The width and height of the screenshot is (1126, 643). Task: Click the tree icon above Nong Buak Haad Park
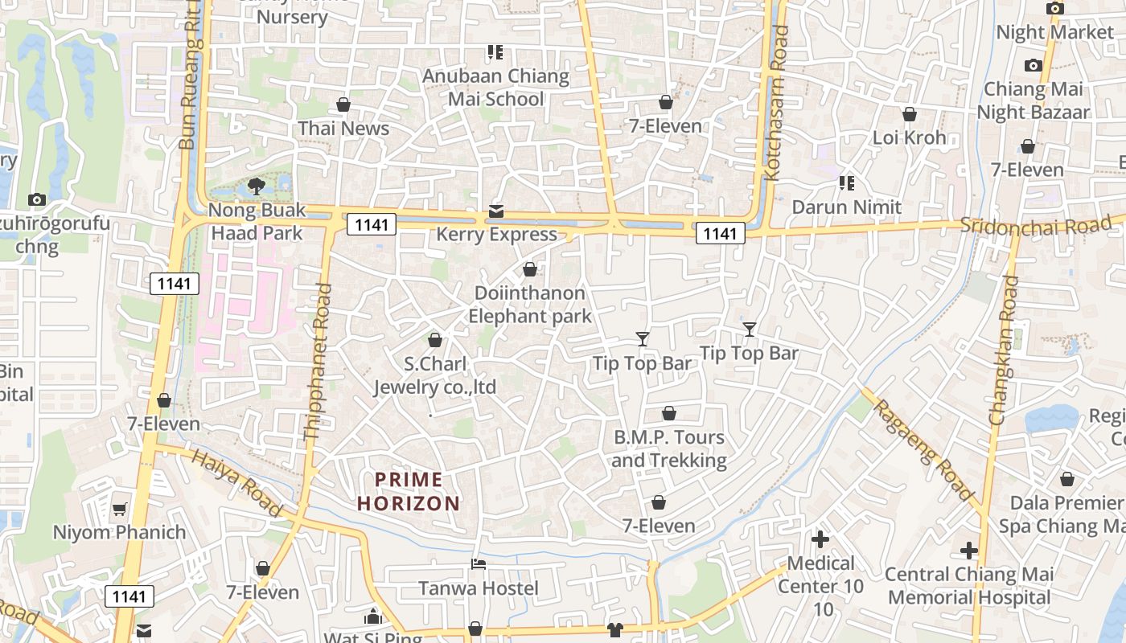pyautogui.click(x=257, y=186)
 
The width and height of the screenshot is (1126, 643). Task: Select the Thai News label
pyautogui.click(x=343, y=129)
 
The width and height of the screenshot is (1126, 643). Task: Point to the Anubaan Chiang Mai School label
pyautogui.click(x=496, y=88)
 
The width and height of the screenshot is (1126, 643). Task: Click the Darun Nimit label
pyautogui.click(x=846, y=207)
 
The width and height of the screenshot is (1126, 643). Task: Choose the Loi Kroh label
pyautogui.click(x=910, y=137)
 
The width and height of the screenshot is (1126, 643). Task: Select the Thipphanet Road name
pyautogui.click(x=318, y=362)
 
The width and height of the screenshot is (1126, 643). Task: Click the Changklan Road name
pyautogui.click(x=1005, y=350)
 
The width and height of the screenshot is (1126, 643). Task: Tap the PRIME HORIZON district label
pyautogui.click(x=409, y=492)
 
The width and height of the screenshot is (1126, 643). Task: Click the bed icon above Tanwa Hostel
pyautogui.click(x=479, y=564)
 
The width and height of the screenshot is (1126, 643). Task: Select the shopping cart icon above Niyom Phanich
pyautogui.click(x=119, y=508)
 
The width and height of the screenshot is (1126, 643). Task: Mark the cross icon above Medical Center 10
pyautogui.click(x=820, y=539)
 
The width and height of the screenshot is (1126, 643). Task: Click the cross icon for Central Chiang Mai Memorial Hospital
pyautogui.click(x=968, y=551)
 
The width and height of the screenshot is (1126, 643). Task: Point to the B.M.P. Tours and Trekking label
pyautogui.click(x=669, y=448)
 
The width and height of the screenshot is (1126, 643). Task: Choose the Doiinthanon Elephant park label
pyautogui.click(x=530, y=305)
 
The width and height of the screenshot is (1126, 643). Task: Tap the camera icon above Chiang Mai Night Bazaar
pyautogui.click(x=1034, y=65)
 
